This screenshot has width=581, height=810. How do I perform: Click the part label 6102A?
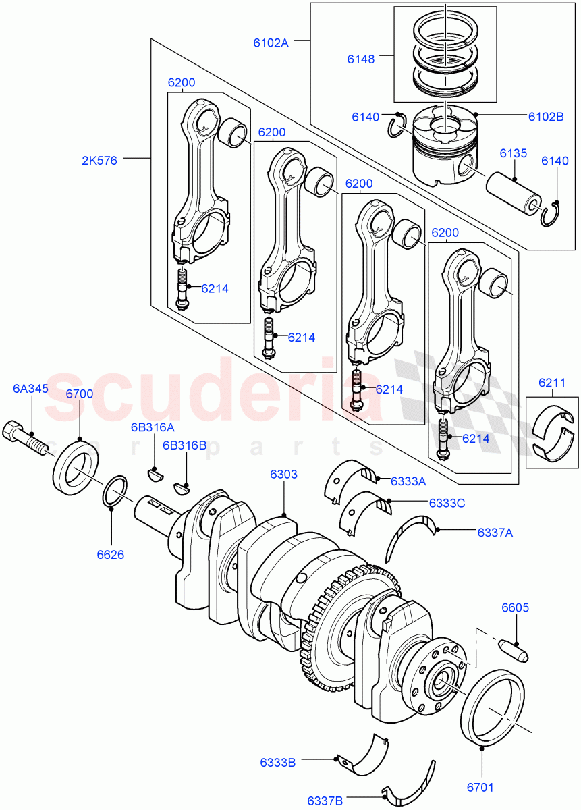(271, 43)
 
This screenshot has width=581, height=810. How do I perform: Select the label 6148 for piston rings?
(360, 59)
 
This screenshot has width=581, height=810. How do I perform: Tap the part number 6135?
(513, 154)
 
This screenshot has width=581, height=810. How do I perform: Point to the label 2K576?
(100, 161)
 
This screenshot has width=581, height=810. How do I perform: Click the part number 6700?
(80, 394)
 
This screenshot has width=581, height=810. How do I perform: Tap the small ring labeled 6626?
(115, 491)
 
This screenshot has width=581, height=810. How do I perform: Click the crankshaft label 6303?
(283, 475)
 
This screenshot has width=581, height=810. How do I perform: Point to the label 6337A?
(495, 532)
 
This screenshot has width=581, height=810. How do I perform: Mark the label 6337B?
(325, 801)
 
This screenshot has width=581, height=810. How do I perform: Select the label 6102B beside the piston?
(545, 116)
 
